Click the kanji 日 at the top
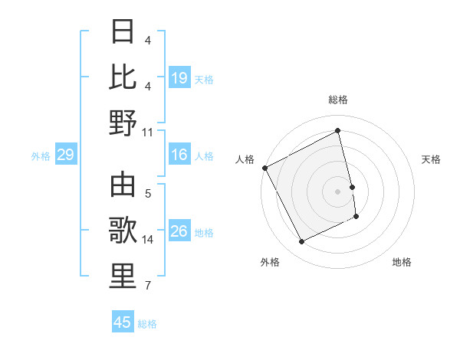pos(123,31)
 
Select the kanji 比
pos(123,77)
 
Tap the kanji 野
pos(123,122)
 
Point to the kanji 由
pos(123,185)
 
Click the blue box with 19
pos(179,77)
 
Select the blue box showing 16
pos(179,155)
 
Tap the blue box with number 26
pos(179,231)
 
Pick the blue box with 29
pos(65,155)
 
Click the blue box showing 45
pos(123,322)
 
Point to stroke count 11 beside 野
pos(148,132)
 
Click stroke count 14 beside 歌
pos(148,240)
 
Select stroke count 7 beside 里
pos(148,286)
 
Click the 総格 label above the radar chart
pos(338,100)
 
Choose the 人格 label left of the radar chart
pos(245,159)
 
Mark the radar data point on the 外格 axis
pos(301,242)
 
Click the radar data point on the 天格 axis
pos(352,187)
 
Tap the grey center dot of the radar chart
pos(338,191)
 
